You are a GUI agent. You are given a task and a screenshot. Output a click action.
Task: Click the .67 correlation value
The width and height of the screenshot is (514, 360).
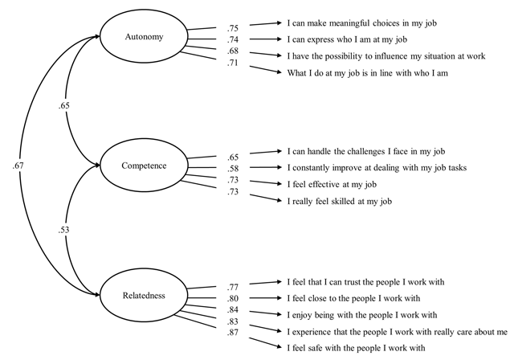coord(18,166)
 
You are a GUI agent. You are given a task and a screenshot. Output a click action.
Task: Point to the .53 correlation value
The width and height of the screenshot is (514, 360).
coord(64,230)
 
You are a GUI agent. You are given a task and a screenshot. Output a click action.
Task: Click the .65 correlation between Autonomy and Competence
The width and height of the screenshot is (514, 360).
coord(64,105)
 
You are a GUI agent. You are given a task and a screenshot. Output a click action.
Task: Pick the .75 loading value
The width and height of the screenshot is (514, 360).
coord(232,28)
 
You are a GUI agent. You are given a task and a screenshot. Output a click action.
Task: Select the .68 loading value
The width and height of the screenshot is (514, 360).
coord(232,51)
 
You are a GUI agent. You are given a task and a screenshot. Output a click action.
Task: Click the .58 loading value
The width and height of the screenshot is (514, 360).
coord(232,169)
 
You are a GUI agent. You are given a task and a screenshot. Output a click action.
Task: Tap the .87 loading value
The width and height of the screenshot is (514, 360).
coord(232,333)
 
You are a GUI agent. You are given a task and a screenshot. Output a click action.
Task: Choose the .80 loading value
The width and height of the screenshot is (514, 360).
coord(232,298)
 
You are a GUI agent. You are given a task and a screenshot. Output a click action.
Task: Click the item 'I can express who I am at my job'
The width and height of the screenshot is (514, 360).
coord(347,39)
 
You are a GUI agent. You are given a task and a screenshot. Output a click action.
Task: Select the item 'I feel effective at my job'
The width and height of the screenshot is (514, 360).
coord(332,184)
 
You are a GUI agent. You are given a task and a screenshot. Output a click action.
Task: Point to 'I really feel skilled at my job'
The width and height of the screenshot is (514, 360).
coord(340,201)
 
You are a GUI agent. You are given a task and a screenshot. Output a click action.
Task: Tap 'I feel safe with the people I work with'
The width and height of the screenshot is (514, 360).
coord(356,347)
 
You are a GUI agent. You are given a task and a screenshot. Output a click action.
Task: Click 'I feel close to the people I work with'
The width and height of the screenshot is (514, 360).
coord(353,298)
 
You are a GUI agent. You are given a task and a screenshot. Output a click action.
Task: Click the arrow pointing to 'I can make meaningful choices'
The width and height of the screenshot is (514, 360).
coord(266,23)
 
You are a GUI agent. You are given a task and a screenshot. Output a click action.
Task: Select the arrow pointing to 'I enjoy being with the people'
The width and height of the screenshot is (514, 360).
coord(266,313)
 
